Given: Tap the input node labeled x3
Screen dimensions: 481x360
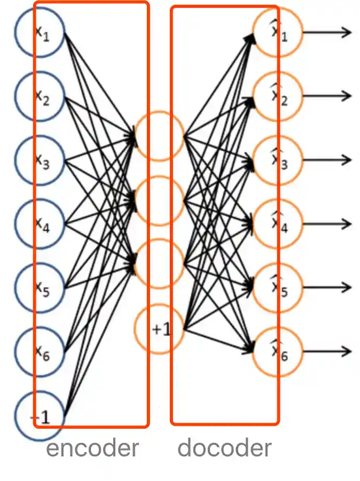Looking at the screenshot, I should [x=40, y=160].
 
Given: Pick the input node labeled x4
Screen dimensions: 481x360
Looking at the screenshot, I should [x=40, y=223].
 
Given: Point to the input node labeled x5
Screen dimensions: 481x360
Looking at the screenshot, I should [x=40, y=288].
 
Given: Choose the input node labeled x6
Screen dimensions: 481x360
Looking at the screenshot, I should [x=40, y=351].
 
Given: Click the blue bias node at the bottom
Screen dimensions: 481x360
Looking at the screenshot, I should [x=40, y=415].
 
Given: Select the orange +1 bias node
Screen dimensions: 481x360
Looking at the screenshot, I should [x=159, y=329].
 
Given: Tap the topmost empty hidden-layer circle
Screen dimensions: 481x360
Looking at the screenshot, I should [x=159, y=136].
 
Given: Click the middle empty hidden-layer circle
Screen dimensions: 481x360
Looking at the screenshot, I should [x=159, y=200].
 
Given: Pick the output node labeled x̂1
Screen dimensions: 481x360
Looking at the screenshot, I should [x=278, y=33].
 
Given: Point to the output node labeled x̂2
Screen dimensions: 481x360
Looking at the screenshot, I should [x=278, y=97].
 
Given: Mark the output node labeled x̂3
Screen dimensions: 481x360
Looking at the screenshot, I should [x=278, y=160].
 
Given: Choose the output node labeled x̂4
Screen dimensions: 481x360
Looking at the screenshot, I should [x=278, y=224].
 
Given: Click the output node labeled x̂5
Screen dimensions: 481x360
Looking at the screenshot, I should [x=278, y=288].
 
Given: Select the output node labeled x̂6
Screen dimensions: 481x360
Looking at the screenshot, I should [x=278, y=351].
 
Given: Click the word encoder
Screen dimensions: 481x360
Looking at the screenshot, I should [x=92, y=448].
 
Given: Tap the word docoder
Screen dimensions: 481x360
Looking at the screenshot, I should [x=224, y=448].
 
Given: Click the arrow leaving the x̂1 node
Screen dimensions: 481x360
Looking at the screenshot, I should [x=327, y=33].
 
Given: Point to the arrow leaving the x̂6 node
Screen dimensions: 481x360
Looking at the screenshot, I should [x=327, y=351].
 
